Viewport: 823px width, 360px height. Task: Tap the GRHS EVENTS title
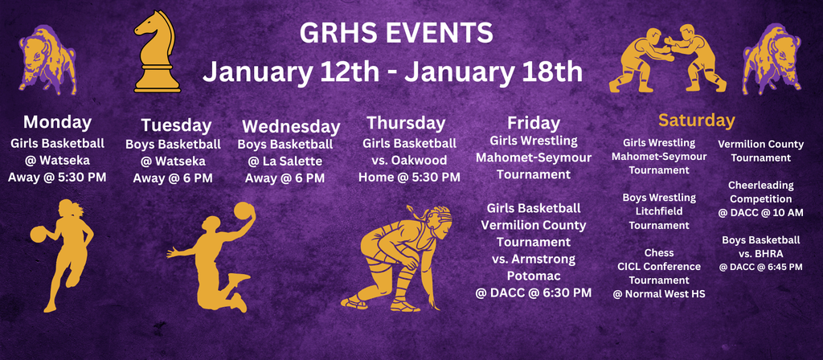pos(395,33)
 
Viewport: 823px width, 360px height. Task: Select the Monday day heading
pos(57,122)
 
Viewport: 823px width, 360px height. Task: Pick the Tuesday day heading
pos(176,125)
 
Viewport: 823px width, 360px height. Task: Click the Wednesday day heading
pos(291,126)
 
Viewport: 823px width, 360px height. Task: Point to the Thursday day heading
pos(406,123)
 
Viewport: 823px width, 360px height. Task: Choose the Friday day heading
pos(534,123)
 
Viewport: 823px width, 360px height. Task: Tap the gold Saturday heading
pos(696,121)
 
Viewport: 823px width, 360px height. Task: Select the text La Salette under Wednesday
pos(291,162)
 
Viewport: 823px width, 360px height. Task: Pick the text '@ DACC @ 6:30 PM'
pos(534,292)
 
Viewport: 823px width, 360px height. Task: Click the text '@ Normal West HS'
pos(659,294)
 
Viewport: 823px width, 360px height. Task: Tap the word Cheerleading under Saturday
pos(760,185)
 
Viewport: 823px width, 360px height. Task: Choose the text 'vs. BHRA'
pos(760,253)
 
